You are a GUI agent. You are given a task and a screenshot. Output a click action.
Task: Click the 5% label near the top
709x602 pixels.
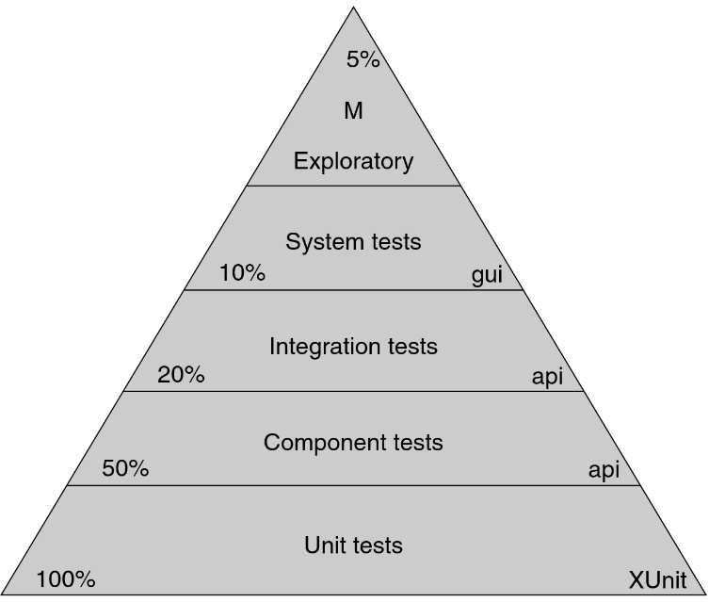(x=363, y=60)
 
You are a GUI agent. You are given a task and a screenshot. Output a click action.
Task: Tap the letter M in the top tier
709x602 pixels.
(x=353, y=111)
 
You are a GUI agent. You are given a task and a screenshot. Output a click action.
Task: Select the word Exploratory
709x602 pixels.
(x=353, y=161)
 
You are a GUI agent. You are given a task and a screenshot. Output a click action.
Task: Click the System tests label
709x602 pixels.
(x=353, y=242)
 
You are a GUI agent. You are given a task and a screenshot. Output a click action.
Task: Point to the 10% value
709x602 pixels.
(x=242, y=274)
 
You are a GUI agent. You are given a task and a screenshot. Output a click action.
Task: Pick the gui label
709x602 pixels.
(x=487, y=276)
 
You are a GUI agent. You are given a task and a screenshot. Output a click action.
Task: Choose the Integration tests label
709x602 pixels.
(x=353, y=347)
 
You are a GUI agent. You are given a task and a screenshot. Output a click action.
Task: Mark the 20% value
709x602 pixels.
(x=181, y=375)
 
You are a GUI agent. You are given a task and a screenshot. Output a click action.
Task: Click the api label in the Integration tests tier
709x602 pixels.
(x=547, y=377)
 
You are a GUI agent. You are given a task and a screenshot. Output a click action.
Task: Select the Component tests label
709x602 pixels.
(x=353, y=442)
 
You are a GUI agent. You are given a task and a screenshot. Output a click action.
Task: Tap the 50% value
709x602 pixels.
(x=125, y=468)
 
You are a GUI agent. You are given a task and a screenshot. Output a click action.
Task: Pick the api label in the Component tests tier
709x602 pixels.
(x=604, y=470)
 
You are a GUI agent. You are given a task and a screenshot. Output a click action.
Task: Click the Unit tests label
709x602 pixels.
(x=353, y=545)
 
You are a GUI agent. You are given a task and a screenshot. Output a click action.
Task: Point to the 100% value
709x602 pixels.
(x=66, y=579)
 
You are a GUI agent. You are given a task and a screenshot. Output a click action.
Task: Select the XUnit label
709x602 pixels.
(x=657, y=579)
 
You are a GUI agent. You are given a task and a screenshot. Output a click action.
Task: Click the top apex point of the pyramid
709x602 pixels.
(x=354, y=8)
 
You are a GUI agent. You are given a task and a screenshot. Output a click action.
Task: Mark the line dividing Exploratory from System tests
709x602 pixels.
(x=353, y=186)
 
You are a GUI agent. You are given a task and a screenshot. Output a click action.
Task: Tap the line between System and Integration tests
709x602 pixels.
(x=353, y=290)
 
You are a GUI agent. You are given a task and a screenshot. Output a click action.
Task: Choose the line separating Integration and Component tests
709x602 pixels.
(x=353, y=391)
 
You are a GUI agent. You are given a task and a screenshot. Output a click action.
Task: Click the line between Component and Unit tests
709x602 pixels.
(x=353, y=486)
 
